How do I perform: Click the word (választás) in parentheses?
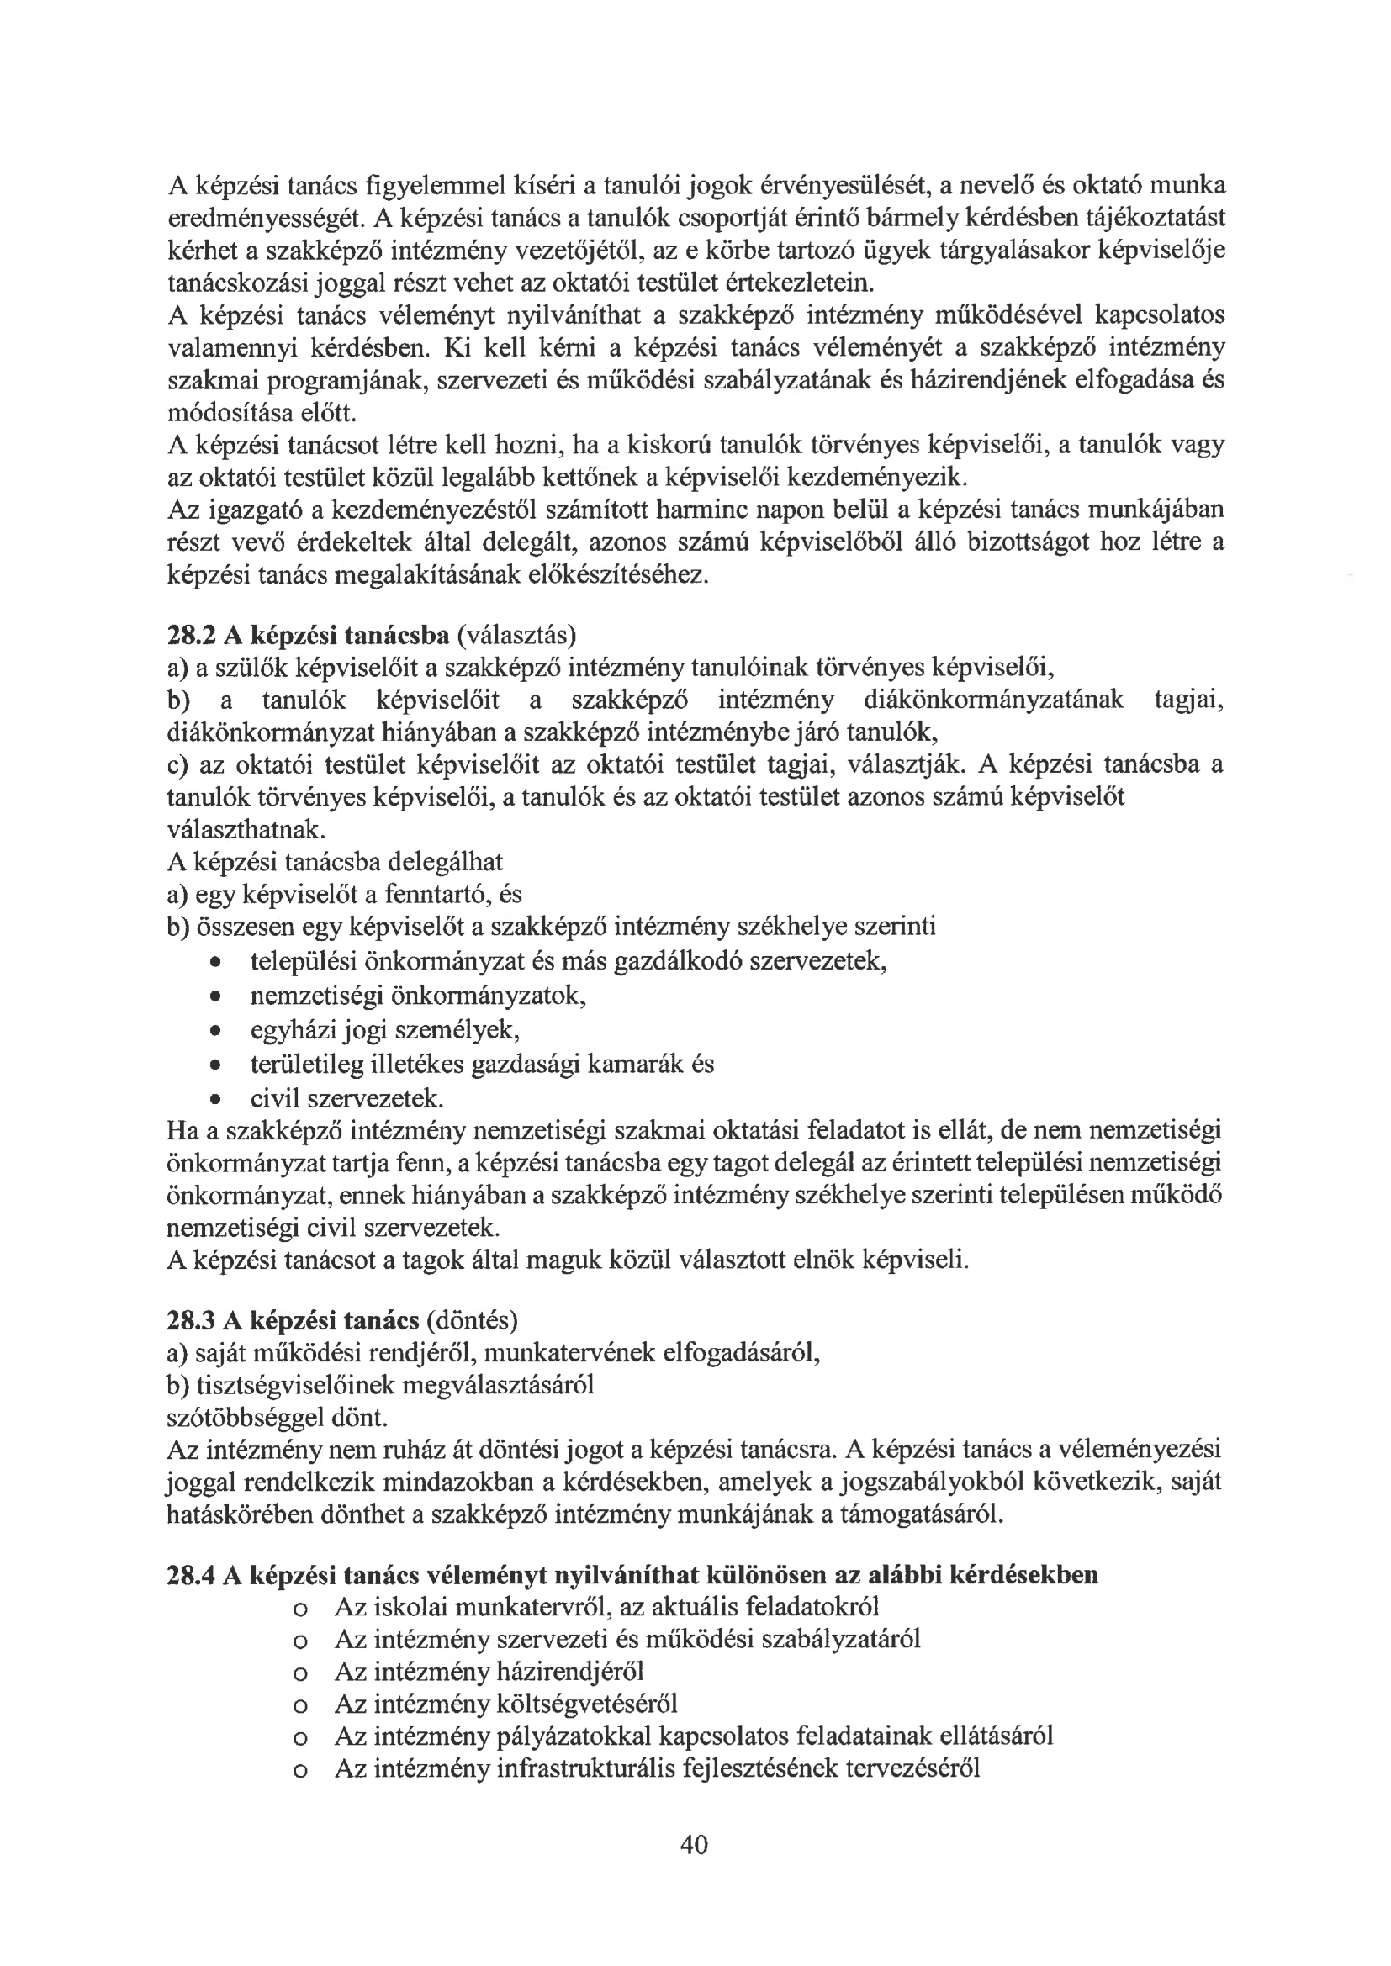pyautogui.click(x=517, y=636)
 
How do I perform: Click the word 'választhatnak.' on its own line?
pyautogui.click(x=246, y=829)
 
